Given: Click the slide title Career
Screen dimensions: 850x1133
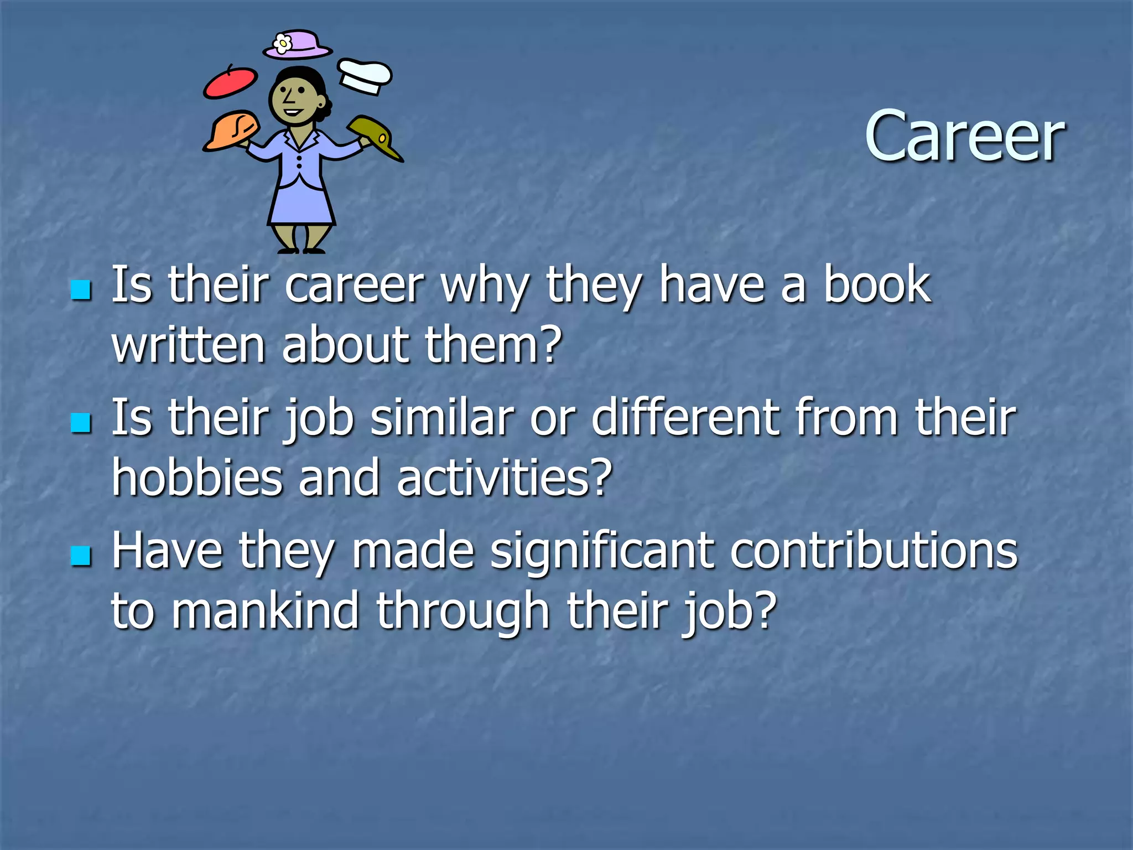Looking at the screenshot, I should click(964, 137).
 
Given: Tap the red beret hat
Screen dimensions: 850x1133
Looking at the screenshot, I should click(230, 83).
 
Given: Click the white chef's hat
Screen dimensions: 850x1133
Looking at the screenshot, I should click(365, 76).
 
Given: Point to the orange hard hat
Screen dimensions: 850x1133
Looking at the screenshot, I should click(231, 130).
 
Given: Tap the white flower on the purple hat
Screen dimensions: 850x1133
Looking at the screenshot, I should click(283, 43).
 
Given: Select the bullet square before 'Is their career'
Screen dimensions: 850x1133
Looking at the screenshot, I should click(81, 289).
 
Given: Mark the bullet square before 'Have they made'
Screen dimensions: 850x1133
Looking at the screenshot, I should click(81, 556).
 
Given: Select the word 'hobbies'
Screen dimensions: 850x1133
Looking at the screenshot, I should click(198, 477).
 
